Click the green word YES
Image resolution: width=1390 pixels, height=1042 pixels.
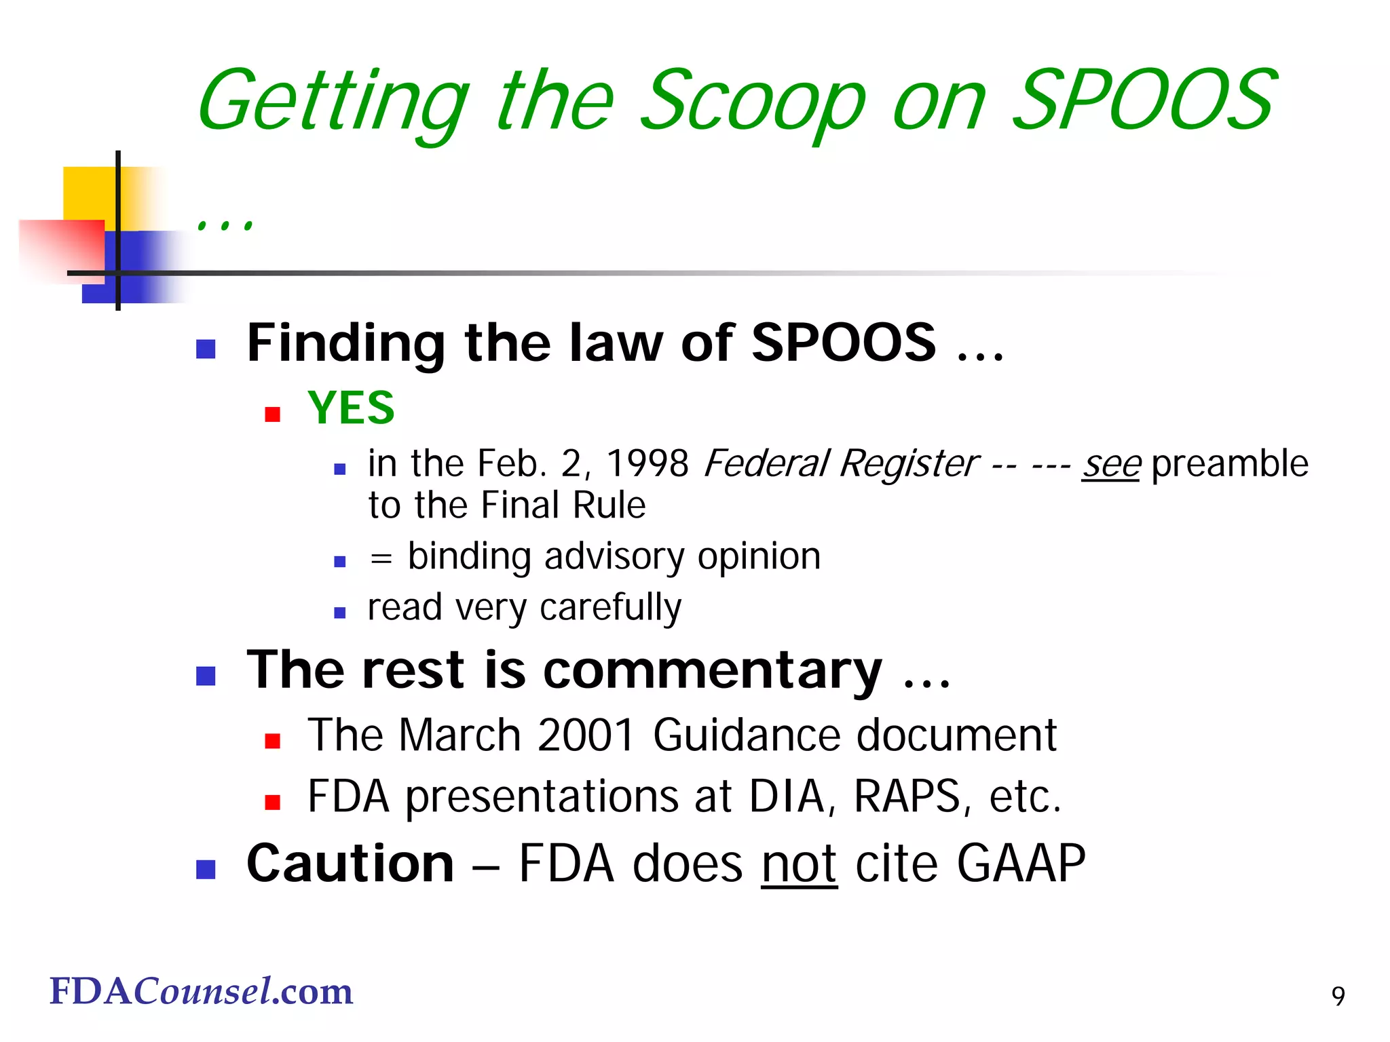click(351, 408)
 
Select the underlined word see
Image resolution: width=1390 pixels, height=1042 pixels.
click(1111, 465)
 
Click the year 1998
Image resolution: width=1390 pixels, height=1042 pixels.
click(647, 465)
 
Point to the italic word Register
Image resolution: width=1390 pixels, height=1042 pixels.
click(909, 465)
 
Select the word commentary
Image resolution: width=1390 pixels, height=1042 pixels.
click(712, 670)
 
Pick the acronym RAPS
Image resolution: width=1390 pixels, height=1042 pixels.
click(907, 796)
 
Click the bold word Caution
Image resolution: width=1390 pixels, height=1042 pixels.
click(350, 864)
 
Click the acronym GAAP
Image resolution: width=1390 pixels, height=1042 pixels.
click(1021, 864)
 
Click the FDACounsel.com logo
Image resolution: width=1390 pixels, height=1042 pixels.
click(202, 992)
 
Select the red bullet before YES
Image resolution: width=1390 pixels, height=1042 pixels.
click(273, 414)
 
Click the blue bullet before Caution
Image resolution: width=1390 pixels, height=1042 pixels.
click(206, 869)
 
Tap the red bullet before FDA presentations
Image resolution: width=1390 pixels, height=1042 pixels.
click(273, 803)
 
